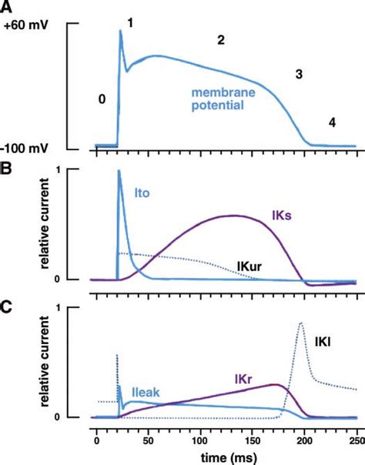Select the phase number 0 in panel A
pyautogui.click(x=100, y=99)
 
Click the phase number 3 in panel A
pyautogui.click(x=298, y=75)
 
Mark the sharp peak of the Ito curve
pyautogui.click(x=119, y=171)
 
